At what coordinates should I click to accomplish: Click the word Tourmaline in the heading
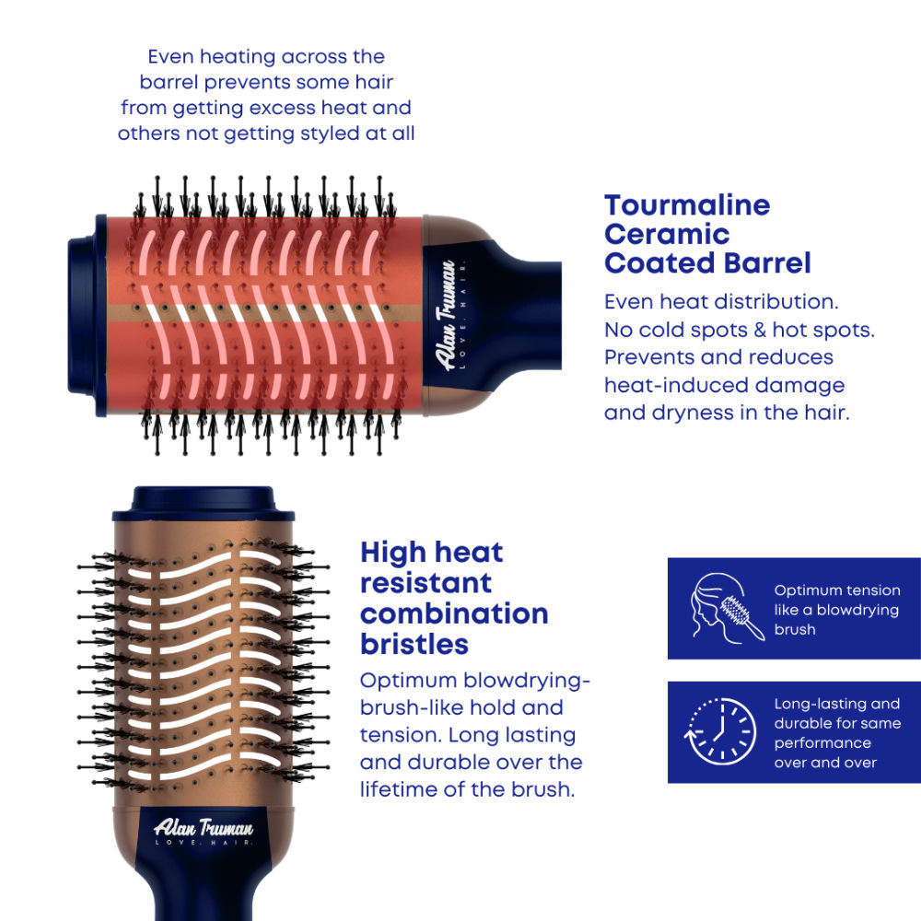tap(687, 205)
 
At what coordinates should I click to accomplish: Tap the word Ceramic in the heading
tap(667, 234)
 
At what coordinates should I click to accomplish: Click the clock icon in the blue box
tap(720, 732)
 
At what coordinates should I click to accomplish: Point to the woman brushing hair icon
tap(728, 609)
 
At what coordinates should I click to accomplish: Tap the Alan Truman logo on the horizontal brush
tap(450, 315)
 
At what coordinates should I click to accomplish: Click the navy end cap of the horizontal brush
tap(87, 315)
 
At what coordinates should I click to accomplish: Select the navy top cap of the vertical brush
tap(204, 504)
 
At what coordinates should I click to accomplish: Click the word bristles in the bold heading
tap(414, 645)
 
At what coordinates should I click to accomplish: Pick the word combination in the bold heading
tap(454, 613)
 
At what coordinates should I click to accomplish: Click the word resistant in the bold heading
tap(426, 583)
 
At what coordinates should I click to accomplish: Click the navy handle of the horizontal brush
tap(517, 315)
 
